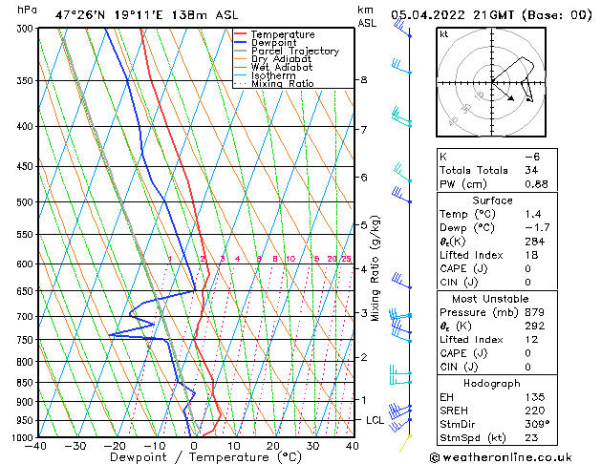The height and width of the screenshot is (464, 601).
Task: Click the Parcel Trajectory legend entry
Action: (x=294, y=51)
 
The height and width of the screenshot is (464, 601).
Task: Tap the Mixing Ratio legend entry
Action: (x=282, y=84)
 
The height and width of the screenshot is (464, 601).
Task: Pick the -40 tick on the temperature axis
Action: (x=37, y=446)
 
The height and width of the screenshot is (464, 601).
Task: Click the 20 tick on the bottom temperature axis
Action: (x=273, y=446)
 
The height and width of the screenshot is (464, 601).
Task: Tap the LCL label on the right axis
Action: (x=375, y=420)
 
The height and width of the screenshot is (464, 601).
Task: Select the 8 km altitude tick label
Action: (x=363, y=80)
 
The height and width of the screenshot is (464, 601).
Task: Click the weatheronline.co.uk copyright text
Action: (x=514, y=456)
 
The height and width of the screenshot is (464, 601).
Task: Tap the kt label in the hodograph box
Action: (x=444, y=34)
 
